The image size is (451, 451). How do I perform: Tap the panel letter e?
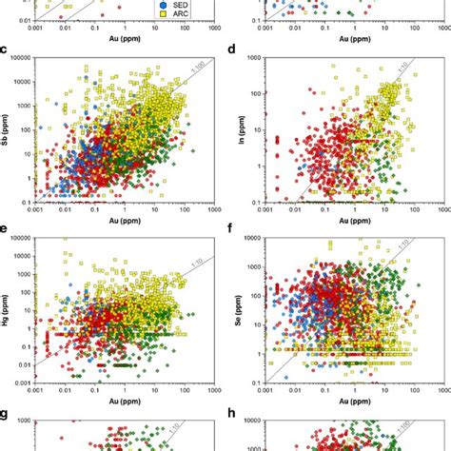[8, 229]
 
